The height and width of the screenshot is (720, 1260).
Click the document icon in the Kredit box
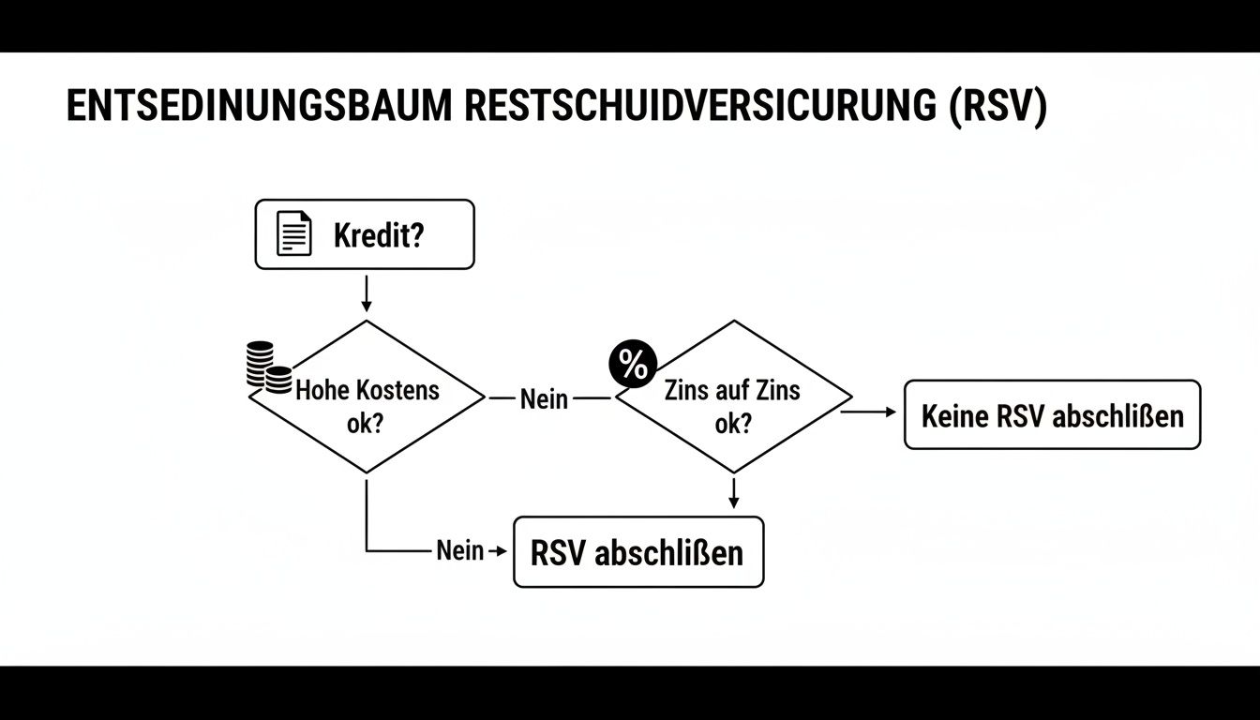coord(293,233)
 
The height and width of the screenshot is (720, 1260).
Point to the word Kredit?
coord(379,234)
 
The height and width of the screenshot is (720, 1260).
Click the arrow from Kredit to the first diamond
coord(366,292)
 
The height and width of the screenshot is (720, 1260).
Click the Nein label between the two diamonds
coord(544,399)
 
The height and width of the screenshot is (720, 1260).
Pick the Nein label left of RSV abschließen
coord(459,550)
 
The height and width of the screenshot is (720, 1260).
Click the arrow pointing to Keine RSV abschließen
coord(872,411)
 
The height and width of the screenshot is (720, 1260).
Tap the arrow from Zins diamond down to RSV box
coord(733,493)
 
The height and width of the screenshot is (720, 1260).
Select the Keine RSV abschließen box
coord(1052,414)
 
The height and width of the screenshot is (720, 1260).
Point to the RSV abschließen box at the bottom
coord(637,552)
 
